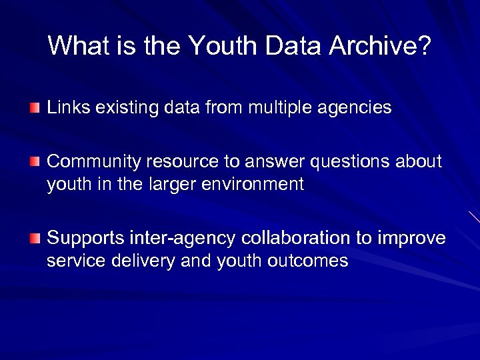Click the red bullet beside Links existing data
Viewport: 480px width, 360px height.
[35, 107]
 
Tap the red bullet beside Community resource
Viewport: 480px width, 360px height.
[35, 162]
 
